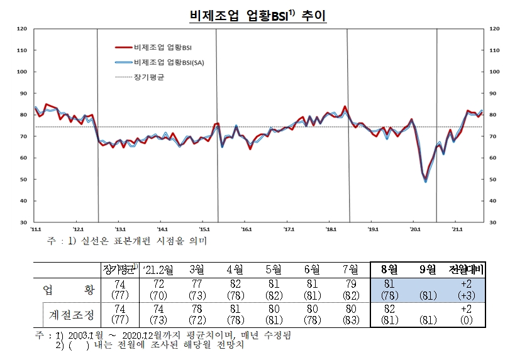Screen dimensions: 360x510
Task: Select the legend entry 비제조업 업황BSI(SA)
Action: [x=168, y=62]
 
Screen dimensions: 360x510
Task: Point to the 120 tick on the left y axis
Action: [x=21, y=29]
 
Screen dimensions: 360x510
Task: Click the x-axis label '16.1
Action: [x=247, y=229]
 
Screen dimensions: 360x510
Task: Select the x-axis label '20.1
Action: [x=415, y=229]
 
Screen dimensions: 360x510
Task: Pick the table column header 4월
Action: [x=235, y=270]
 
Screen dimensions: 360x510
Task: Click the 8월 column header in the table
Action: [x=389, y=270]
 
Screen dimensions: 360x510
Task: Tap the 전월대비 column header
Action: [x=465, y=270]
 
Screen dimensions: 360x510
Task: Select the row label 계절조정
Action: [x=73, y=312]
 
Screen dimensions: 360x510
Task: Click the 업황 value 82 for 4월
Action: [x=235, y=284]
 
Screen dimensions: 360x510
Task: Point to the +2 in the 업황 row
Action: [x=465, y=284]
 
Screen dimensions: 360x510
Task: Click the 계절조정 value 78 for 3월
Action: [x=196, y=308]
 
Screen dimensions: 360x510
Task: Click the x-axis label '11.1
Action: [x=37, y=229]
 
